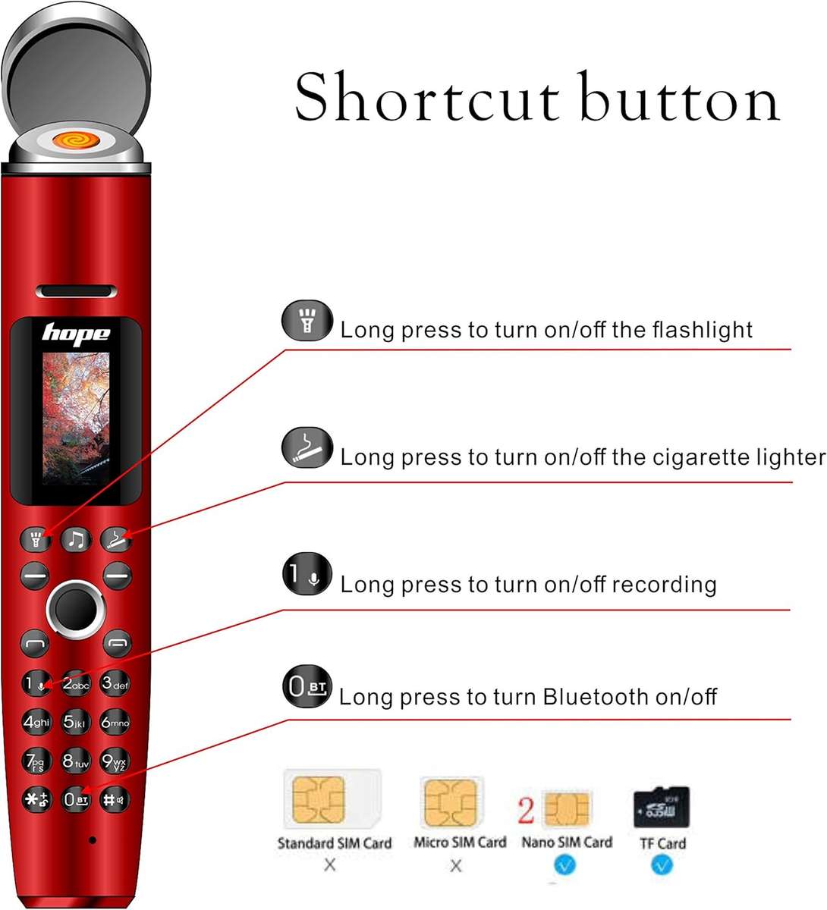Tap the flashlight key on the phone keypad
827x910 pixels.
coord(36,540)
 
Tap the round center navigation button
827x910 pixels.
coord(75,609)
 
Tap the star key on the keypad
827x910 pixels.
coord(36,799)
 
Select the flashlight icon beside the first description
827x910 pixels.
coord(307,322)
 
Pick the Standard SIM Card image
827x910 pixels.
coord(332,801)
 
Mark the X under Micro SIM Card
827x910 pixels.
coord(455,865)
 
